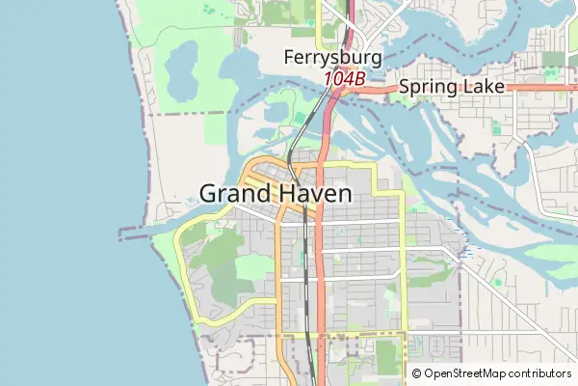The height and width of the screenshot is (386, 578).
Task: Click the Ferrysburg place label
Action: pyautogui.click(x=332, y=58)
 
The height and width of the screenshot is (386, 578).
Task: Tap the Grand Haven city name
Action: pyautogui.click(x=276, y=193)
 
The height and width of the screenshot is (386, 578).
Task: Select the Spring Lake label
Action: pyautogui.click(x=451, y=87)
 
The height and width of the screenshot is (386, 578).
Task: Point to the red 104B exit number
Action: pyautogui.click(x=343, y=78)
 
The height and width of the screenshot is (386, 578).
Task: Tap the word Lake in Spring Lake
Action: pyautogui.click(x=482, y=87)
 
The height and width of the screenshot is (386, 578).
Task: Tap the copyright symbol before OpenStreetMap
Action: pyautogui.click(x=416, y=373)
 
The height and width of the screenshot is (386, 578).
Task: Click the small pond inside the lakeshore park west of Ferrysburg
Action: pyautogui.click(x=181, y=68)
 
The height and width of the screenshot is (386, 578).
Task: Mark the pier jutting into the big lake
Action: pyautogui.click(x=135, y=232)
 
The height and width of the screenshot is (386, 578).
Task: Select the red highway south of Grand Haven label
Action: pyautogui.click(x=320, y=289)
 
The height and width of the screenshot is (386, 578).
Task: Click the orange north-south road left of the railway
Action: pyautogui.click(x=280, y=289)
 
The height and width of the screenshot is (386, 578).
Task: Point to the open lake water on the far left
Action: pyautogui.click(x=58, y=193)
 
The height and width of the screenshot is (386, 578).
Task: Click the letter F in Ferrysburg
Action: pyautogui.click(x=289, y=58)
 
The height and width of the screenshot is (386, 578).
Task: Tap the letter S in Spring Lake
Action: pyautogui.click(x=405, y=87)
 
